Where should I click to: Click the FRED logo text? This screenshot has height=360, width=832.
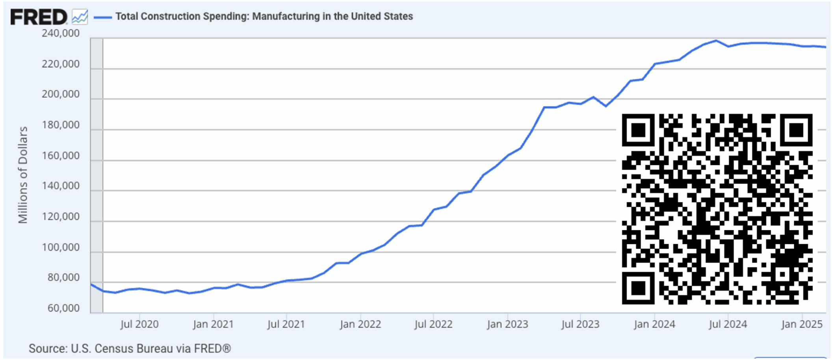(x=39, y=17)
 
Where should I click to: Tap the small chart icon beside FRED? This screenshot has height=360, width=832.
(x=80, y=17)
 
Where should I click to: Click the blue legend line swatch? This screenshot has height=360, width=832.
(x=102, y=17)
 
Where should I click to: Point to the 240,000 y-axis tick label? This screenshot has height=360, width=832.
(x=61, y=33)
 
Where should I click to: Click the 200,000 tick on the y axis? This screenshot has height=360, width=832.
(x=61, y=95)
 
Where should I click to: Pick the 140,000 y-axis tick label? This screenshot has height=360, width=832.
(x=61, y=186)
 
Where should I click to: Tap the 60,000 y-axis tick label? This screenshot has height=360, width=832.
(x=63, y=308)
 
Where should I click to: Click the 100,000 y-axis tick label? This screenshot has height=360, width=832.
(x=61, y=247)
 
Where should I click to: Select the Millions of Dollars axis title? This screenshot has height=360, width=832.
(x=23, y=175)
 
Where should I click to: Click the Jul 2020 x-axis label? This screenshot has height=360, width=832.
(x=139, y=324)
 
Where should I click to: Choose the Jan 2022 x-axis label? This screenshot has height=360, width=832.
(x=360, y=324)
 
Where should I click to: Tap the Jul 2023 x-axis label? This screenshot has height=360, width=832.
(x=580, y=324)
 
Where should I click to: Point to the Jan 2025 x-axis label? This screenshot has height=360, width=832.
(x=802, y=324)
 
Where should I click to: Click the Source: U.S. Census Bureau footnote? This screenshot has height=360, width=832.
(x=130, y=349)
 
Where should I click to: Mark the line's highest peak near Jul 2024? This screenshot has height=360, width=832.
(x=716, y=41)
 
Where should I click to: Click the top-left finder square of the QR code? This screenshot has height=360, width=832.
(x=639, y=130)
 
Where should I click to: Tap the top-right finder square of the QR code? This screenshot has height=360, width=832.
(x=796, y=130)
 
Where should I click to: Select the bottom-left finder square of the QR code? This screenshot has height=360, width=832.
(x=639, y=288)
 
